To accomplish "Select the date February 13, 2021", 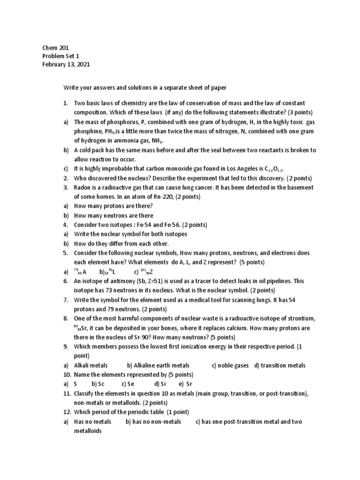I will pos(66,64).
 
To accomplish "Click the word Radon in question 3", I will pos(83,187).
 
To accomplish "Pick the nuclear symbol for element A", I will pos(80,271).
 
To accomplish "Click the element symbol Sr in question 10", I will pos(189,384).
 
